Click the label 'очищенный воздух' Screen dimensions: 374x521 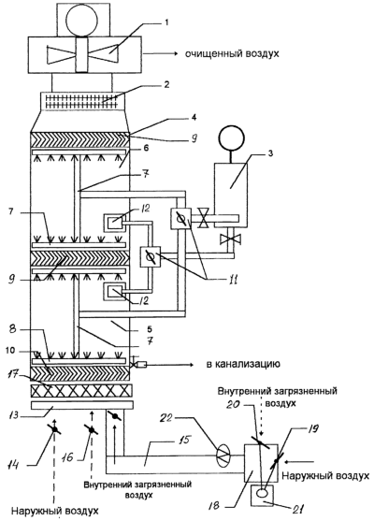pos(232,54)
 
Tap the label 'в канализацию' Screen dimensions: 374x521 pos(243,364)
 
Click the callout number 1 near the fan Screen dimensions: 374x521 pos(166,22)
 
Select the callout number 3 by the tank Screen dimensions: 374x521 pos(270,154)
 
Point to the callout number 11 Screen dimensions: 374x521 pos(233,280)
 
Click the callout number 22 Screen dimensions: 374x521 pos(167,418)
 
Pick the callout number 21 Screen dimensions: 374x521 pos(298,509)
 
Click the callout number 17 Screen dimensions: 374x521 pos(15,376)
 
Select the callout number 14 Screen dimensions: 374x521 pos(14,465)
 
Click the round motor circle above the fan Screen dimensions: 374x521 pos(82,20)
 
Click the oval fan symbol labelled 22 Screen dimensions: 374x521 pos(223,456)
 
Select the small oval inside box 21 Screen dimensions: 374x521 pos(263,493)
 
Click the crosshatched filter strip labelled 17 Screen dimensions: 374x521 pos(81,391)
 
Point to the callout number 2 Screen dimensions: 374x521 pos(166,84)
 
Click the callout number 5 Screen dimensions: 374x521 pos(150,329)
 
